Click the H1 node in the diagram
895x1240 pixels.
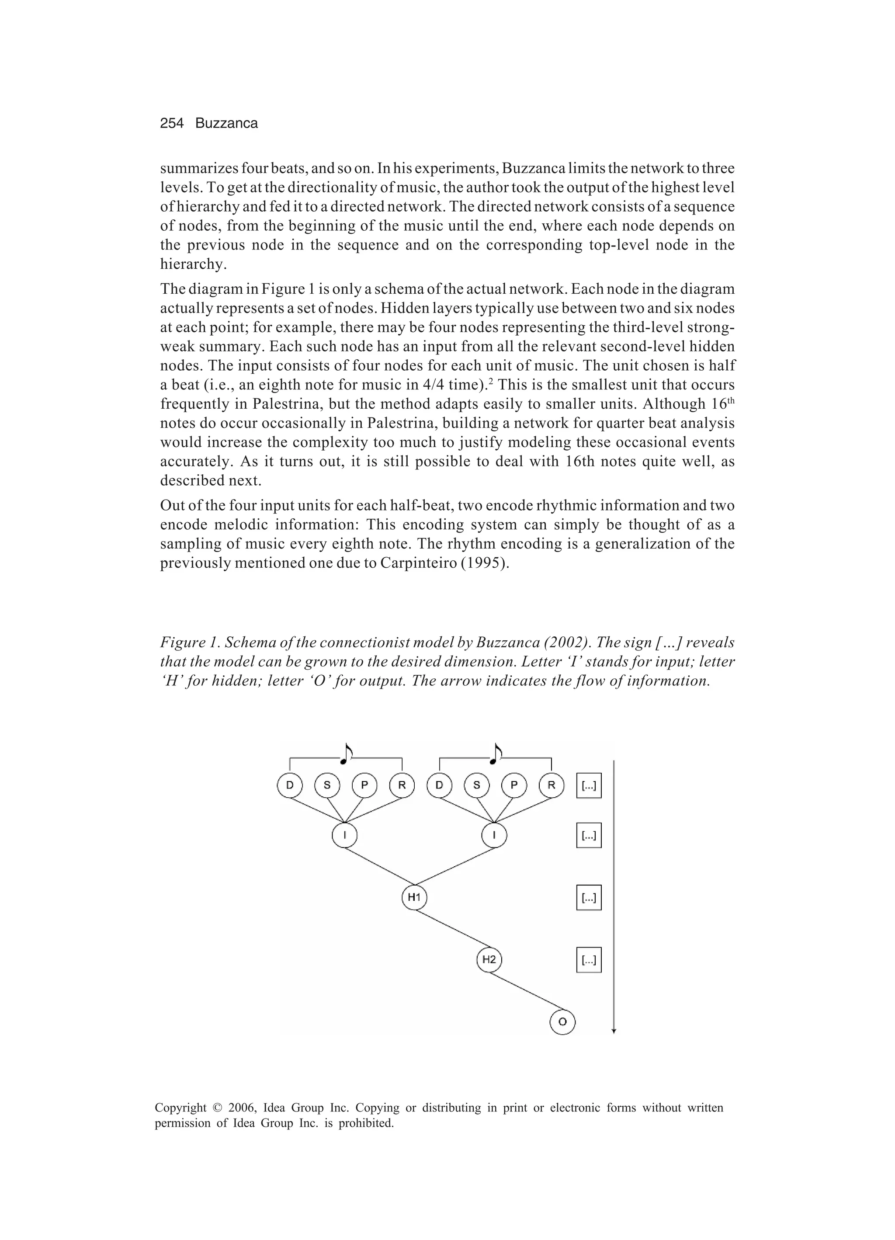click(x=414, y=897)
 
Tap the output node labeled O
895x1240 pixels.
click(x=562, y=1021)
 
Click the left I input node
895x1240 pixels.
click(x=344, y=835)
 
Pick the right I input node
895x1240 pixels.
click(x=494, y=835)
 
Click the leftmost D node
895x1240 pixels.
click(x=290, y=786)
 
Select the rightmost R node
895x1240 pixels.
click(x=551, y=786)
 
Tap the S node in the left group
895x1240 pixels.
click(x=327, y=786)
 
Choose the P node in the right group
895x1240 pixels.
click(x=514, y=786)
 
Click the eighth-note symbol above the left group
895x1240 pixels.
click(x=346, y=754)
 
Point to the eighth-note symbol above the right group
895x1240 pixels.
click(x=496, y=754)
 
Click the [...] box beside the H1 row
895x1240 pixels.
click(x=589, y=898)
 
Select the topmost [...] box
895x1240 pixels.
click(x=589, y=786)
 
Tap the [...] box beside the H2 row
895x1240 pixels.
click(x=589, y=960)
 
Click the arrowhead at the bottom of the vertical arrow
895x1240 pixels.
click(x=614, y=1031)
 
